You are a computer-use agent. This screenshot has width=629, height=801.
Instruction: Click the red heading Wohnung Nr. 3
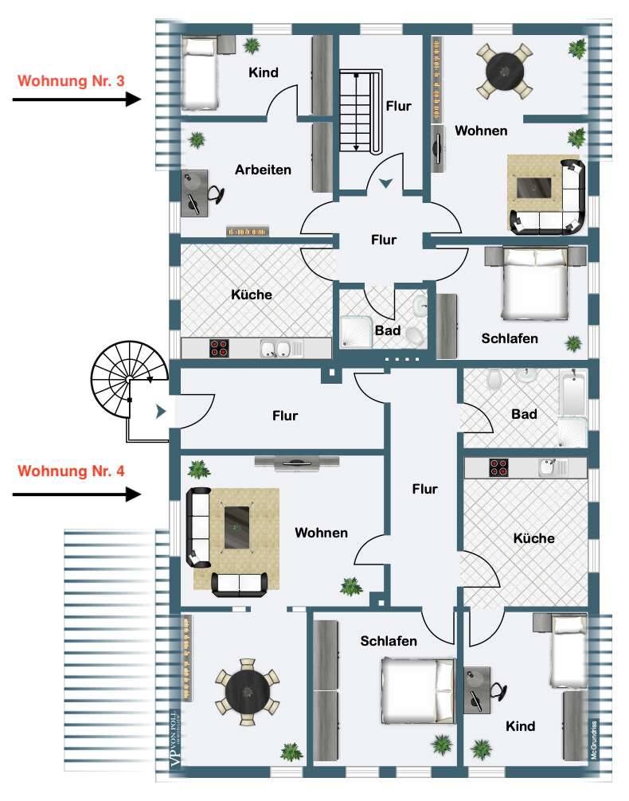click(x=70, y=81)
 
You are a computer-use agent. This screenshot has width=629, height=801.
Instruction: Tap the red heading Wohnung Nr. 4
click(x=70, y=471)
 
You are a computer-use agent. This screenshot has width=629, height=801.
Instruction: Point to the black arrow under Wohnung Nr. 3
click(x=76, y=100)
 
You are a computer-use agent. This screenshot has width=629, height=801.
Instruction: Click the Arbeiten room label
click(x=263, y=170)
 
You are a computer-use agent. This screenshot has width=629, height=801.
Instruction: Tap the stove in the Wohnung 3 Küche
click(x=219, y=348)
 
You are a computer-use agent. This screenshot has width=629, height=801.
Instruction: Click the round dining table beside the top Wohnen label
click(x=504, y=71)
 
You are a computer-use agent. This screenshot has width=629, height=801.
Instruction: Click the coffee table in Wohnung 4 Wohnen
click(x=236, y=528)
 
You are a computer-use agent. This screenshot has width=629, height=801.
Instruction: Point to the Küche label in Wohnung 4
click(x=533, y=538)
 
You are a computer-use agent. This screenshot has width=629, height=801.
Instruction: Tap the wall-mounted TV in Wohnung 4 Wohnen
click(x=298, y=462)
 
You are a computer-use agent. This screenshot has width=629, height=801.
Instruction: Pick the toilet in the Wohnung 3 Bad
click(x=415, y=335)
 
